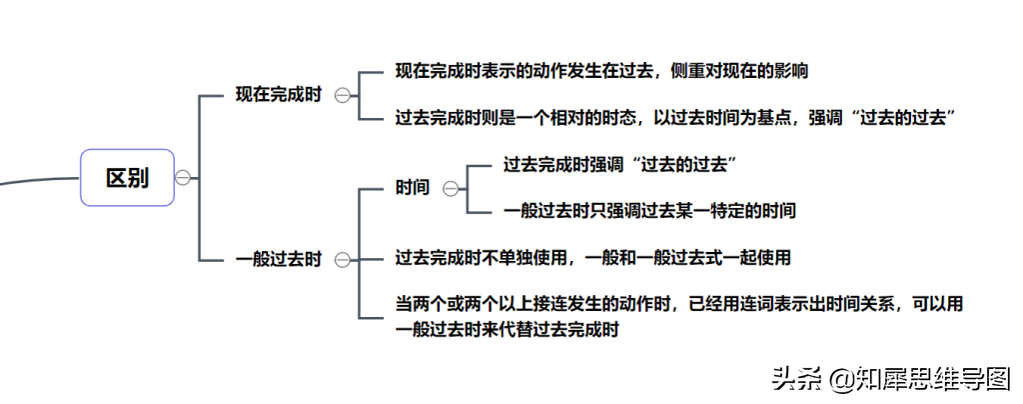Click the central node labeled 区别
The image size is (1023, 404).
tap(127, 178)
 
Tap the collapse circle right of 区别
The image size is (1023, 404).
tap(183, 178)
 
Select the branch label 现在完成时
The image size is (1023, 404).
tap(279, 95)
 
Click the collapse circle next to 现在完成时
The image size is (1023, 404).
tap(343, 96)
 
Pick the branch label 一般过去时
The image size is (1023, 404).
tap(279, 260)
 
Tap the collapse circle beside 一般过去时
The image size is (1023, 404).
tap(343, 260)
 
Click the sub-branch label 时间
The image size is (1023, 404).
tap(413, 188)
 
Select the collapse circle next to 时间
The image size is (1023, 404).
tap(451, 189)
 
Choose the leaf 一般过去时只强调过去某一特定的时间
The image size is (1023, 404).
tap(649, 211)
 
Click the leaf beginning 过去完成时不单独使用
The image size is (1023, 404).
tap(593, 258)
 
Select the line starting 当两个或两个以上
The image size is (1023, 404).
tap(679, 304)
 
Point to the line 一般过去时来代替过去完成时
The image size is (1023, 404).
tap(507, 329)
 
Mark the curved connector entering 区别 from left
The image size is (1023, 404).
tap(39, 180)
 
